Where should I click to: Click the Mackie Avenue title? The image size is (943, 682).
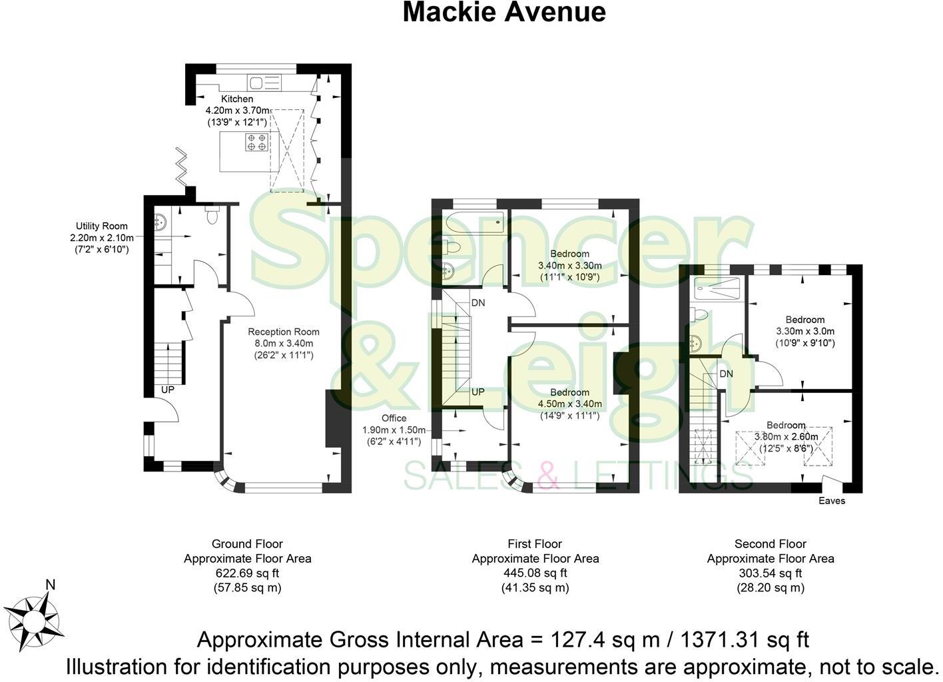point(504,13)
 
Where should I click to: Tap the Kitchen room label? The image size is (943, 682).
point(237,99)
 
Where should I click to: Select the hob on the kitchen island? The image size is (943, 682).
point(256,142)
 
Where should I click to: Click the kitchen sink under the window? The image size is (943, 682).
point(264,83)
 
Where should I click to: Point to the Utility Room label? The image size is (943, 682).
point(101,226)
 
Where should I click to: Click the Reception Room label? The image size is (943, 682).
point(284,332)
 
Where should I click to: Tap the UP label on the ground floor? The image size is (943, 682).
point(168,390)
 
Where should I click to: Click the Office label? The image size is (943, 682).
point(394,418)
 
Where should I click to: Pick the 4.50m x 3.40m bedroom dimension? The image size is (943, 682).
point(569,404)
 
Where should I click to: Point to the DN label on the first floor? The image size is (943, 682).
point(478,303)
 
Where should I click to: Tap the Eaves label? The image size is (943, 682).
point(832,501)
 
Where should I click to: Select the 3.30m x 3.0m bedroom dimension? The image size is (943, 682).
point(805,331)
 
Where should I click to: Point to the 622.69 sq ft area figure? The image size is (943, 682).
point(247,573)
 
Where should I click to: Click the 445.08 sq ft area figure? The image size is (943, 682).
point(535,573)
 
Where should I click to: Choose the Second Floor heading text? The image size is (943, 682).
point(771,544)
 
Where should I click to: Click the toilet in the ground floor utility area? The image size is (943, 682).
point(212,216)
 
